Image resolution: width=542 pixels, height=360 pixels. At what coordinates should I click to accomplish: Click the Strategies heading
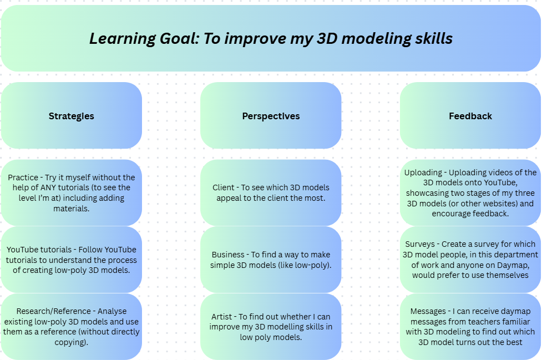click(71, 116)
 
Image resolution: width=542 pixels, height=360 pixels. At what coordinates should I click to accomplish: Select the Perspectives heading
click(271, 116)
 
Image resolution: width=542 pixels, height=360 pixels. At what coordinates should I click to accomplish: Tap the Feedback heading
click(470, 116)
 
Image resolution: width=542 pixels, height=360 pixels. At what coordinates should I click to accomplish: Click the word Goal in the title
click(179, 38)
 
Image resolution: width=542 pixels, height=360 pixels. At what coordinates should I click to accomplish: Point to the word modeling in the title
click(377, 39)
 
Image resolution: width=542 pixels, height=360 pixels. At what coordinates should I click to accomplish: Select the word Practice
click(23, 178)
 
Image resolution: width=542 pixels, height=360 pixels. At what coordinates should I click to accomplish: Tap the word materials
click(71, 209)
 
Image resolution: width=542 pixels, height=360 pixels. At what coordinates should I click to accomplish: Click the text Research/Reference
click(54, 311)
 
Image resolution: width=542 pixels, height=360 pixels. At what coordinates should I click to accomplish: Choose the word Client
click(224, 187)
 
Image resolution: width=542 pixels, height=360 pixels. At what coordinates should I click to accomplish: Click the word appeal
click(228, 199)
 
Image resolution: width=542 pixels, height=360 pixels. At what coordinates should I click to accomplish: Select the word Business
click(228, 255)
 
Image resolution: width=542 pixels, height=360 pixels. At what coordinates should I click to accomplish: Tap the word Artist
click(221, 317)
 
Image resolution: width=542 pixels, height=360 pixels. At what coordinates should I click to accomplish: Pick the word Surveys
click(419, 244)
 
